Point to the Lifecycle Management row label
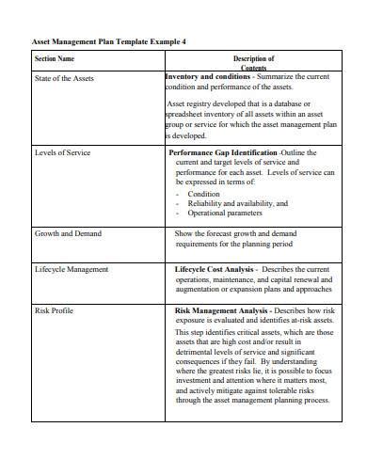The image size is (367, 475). (x=71, y=269)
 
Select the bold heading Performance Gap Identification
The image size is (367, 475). (x=222, y=151)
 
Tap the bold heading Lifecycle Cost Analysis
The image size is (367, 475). (x=214, y=269)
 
